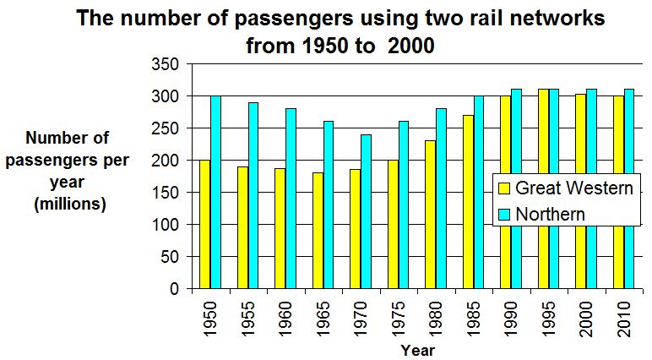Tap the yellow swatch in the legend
coord(504,188)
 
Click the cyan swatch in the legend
coord(504,214)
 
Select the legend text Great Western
coord(573,188)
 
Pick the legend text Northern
coord(550,214)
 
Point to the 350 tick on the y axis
coord(166,64)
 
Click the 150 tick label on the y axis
coord(166,193)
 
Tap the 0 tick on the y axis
coord(173,289)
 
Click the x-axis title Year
coord(418,350)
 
